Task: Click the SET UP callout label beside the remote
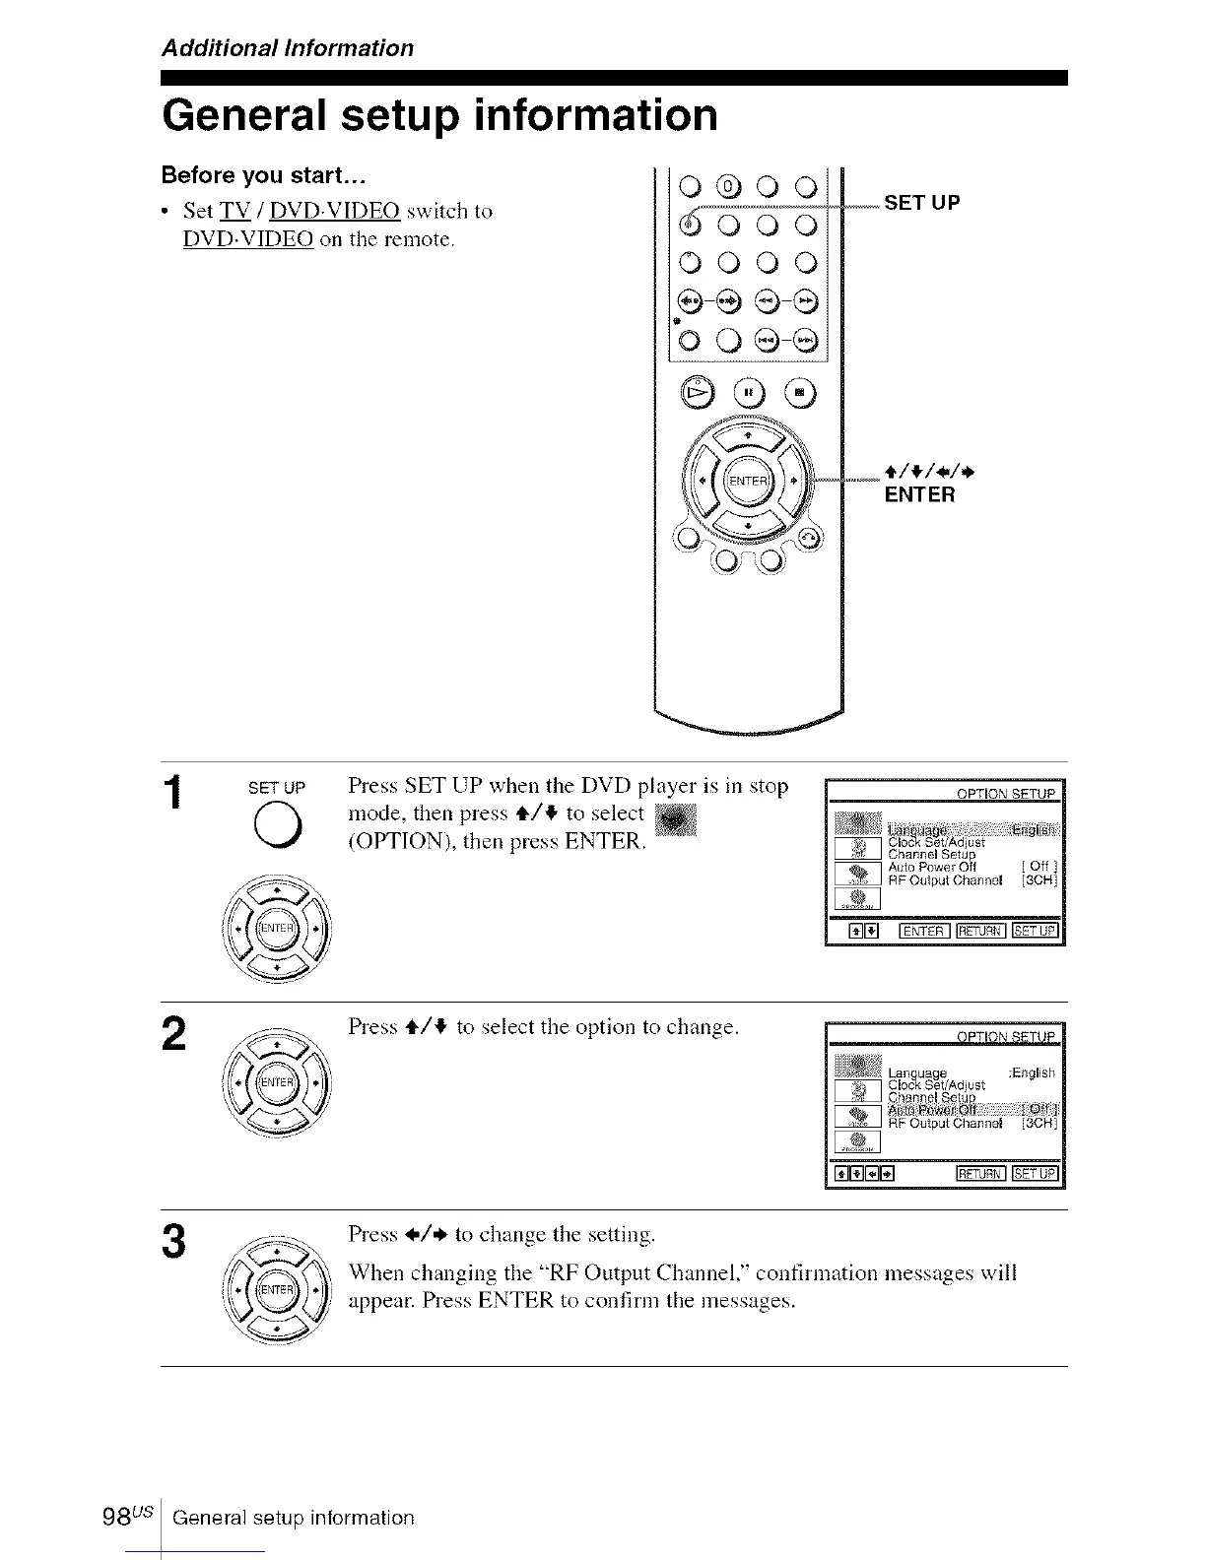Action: tap(922, 203)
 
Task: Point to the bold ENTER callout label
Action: tap(919, 494)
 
